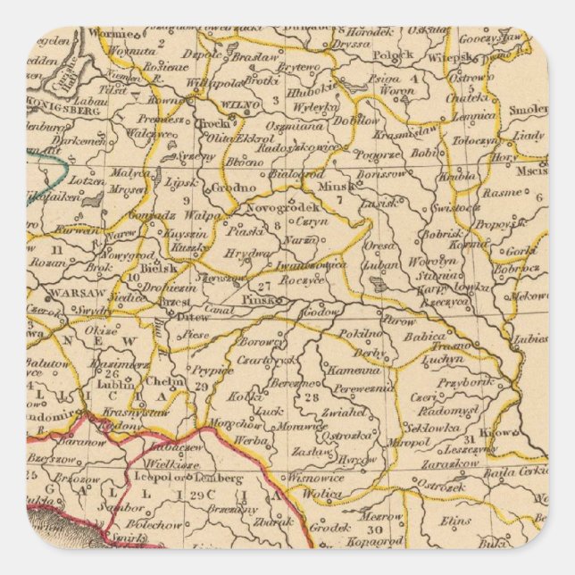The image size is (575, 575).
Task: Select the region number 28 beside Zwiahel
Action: pos(311,398)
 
